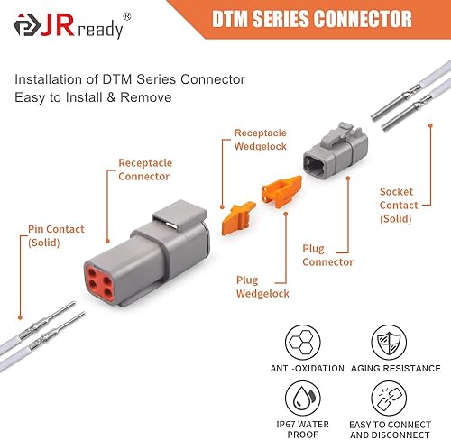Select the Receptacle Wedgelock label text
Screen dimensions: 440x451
click(262, 140)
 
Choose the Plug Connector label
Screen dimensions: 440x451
click(327, 255)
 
